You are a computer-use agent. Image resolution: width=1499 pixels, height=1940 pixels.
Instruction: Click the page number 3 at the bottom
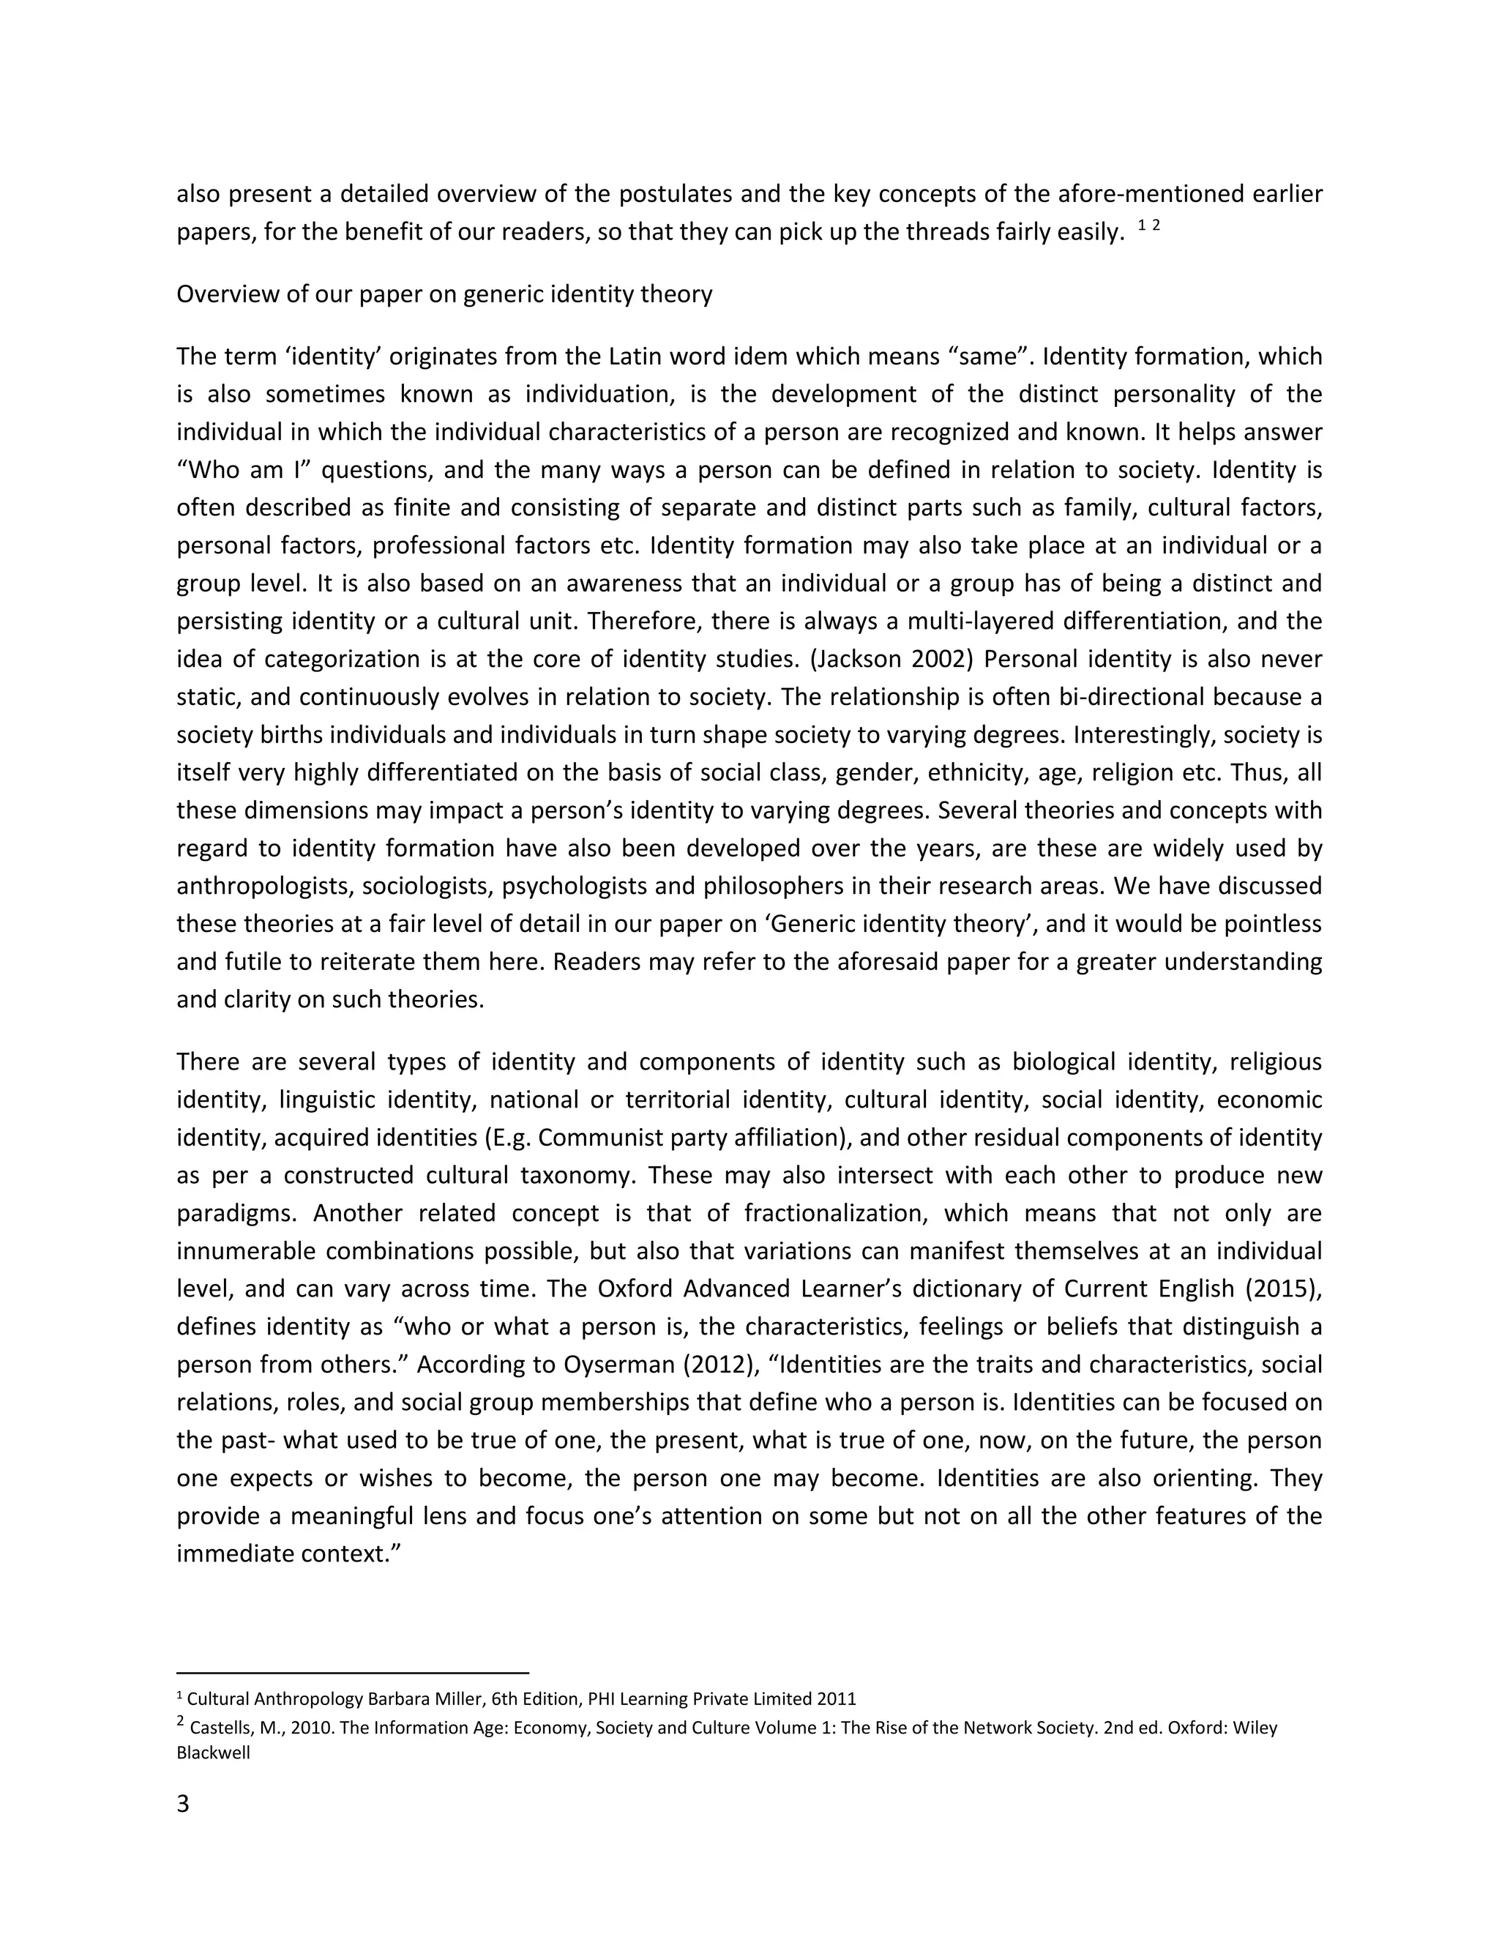point(183,1804)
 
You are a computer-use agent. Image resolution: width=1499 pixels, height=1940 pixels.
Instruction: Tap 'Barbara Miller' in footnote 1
point(421,1698)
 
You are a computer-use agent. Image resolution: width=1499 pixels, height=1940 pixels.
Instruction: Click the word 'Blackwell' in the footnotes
point(213,1753)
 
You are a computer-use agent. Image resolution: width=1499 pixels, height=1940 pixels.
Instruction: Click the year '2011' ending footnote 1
point(836,1698)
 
